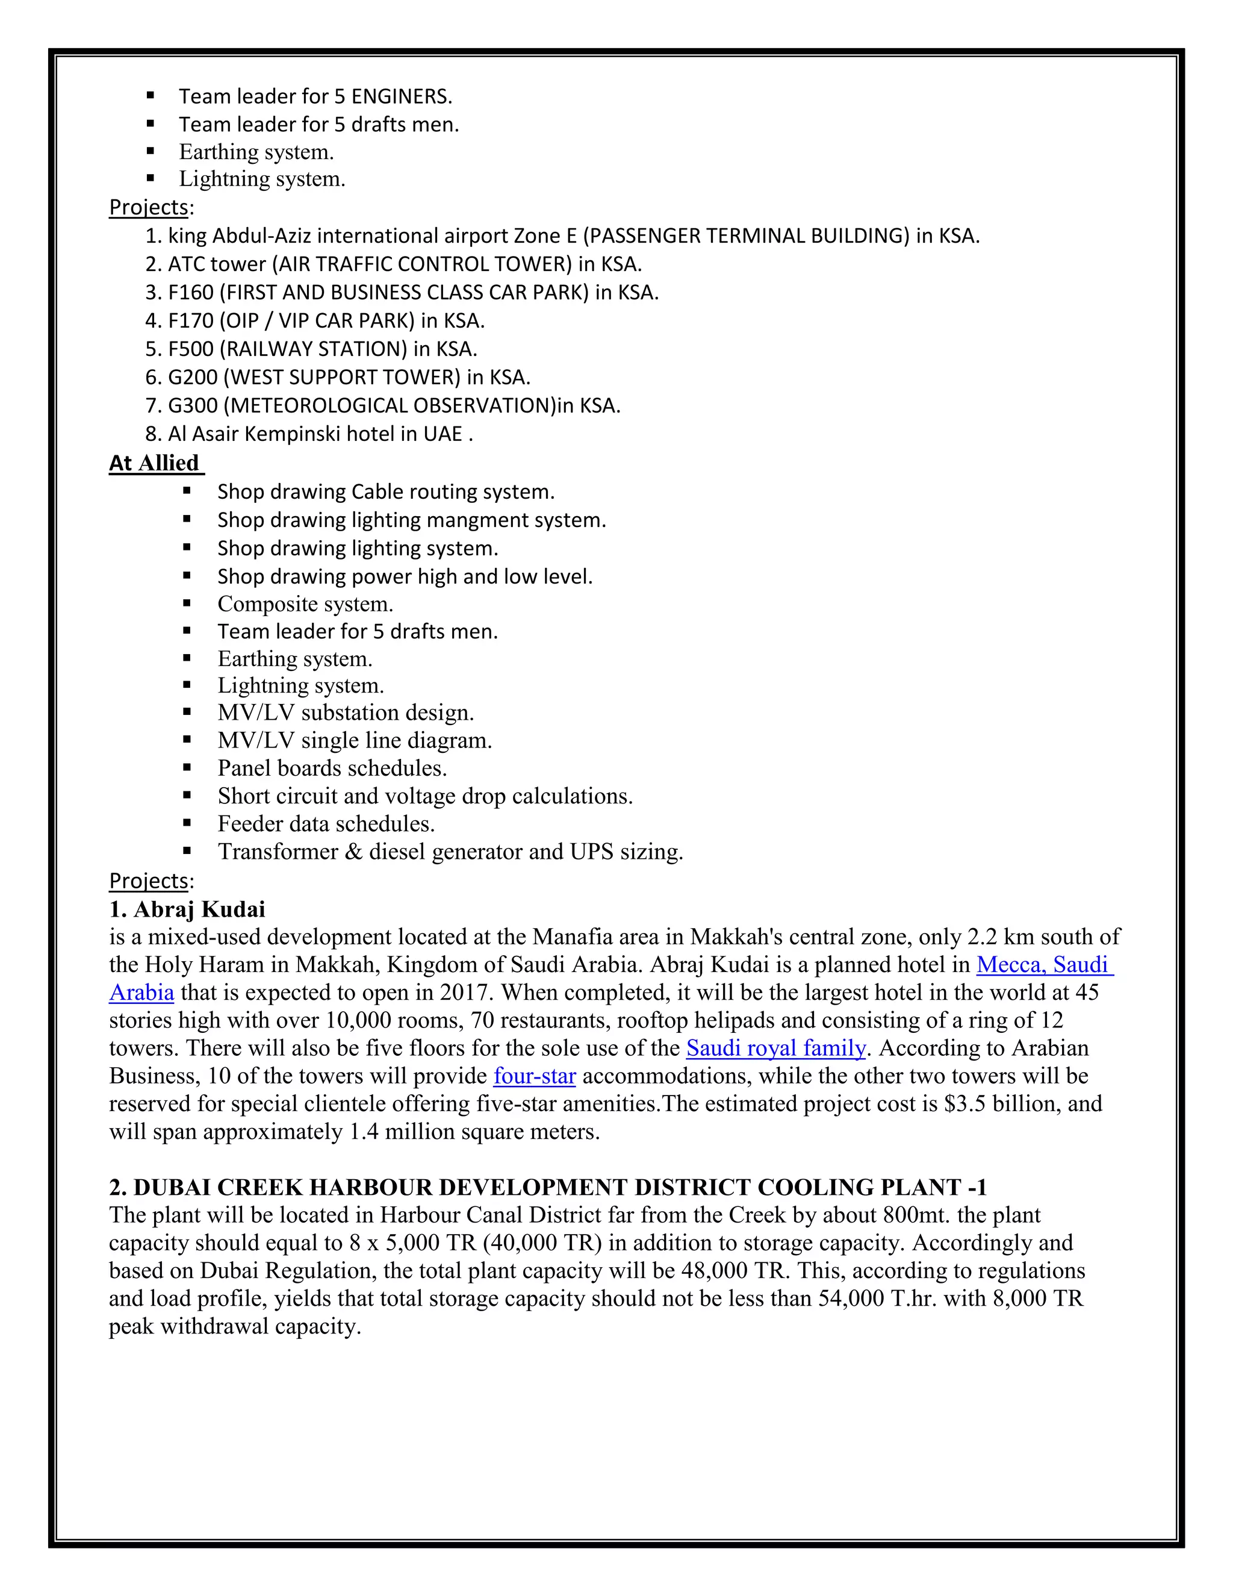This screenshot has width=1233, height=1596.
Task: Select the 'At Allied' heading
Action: point(154,463)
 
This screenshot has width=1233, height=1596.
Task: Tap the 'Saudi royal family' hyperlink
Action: point(775,1048)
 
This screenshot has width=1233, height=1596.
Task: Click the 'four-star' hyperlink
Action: point(535,1076)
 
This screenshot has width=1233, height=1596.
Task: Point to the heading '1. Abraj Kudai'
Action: point(187,909)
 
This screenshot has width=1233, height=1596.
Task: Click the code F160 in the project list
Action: point(191,292)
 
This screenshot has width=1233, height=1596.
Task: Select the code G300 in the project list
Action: point(193,405)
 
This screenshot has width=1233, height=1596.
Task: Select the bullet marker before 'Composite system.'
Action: point(187,603)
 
